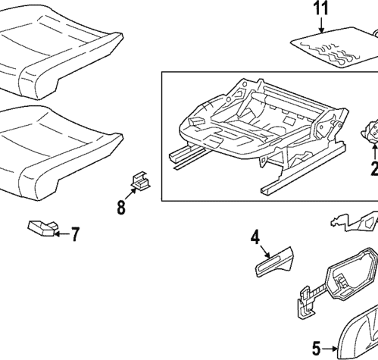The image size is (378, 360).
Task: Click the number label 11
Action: (x=320, y=10)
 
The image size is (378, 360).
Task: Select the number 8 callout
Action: (x=121, y=207)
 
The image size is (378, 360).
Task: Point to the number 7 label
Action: (x=74, y=234)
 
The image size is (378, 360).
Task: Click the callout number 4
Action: (x=256, y=239)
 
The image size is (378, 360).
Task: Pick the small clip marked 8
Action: (x=139, y=180)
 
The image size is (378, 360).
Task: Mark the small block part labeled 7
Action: (x=42, y=227)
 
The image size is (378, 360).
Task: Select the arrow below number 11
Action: (x=321, y=27)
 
